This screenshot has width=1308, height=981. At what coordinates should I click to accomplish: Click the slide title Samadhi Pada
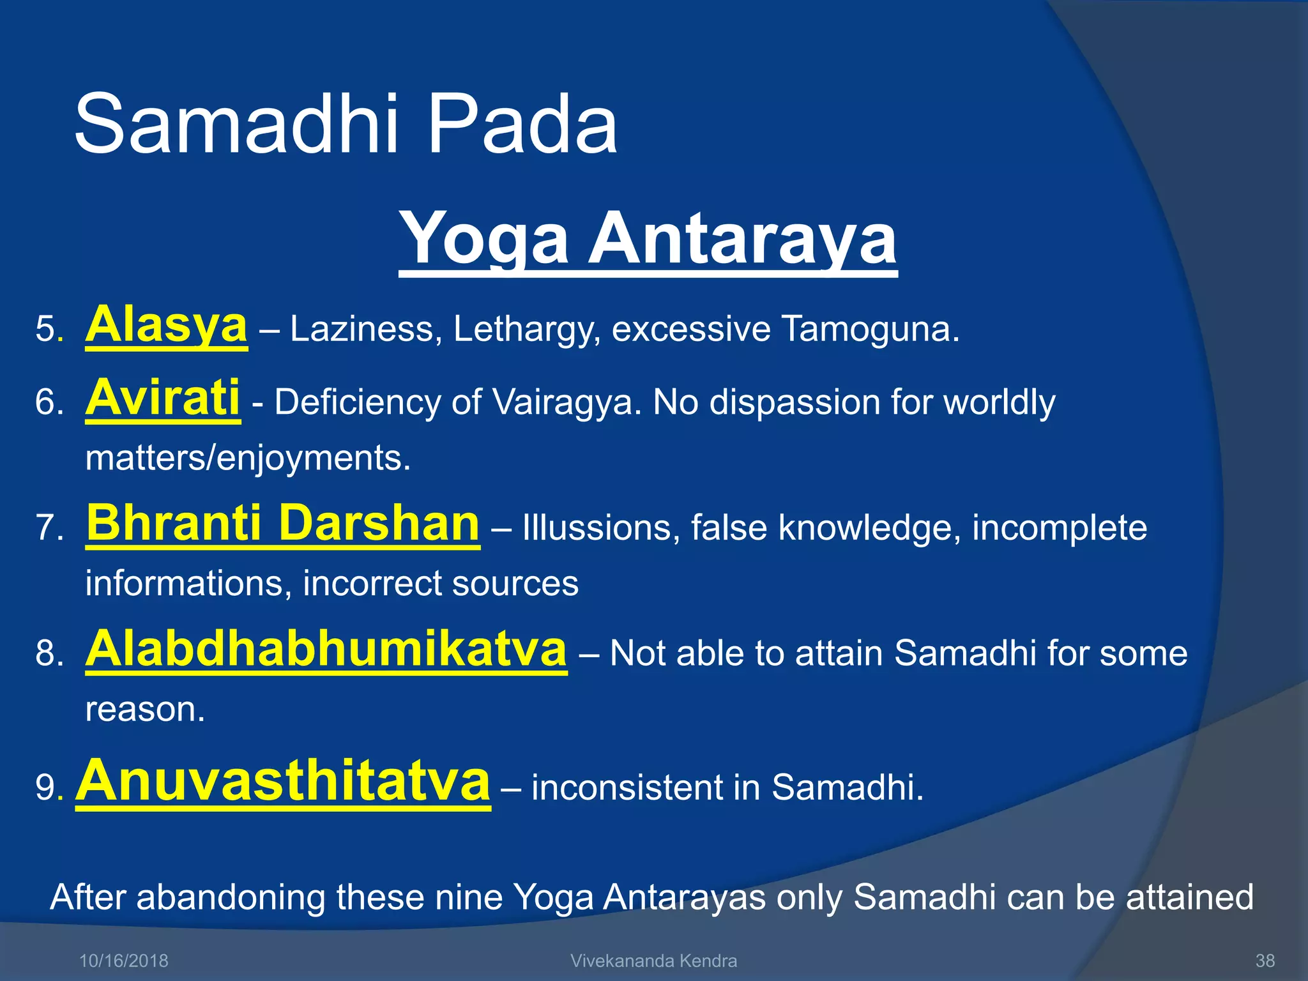pyautogui.click(x=346, y=125)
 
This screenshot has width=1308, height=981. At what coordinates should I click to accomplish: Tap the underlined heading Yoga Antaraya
pyautogui.click(x=648, y=240)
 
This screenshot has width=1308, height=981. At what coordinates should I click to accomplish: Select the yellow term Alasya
pyautogui.click(x=166, y=326)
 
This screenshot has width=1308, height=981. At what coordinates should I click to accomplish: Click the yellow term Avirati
pyautogui.click(x=163, y=399)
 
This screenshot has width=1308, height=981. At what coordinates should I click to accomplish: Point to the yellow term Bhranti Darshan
pyautogui.click(x=282, y=524)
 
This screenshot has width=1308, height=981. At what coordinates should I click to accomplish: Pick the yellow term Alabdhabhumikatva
pyautogui.click(x=326, y=650)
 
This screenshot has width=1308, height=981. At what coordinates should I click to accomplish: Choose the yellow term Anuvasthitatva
pyautogui.click(x=283, y=782)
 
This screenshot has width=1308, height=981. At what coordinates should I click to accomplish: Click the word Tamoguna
pyautogui.click(x=869, y=330)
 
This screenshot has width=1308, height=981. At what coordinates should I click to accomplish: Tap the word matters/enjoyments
pyautogui.click(x=248, y=459)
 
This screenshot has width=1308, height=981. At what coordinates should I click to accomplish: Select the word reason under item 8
pyautogui.click(x=144, y=710)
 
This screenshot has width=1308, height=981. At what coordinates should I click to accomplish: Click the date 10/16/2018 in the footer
pyautogui.click(x=123, y=961)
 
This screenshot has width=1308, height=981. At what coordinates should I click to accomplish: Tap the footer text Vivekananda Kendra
pyautogui.click(x=653, y=961)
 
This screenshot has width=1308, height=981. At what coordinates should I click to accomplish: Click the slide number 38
pyautogui.click(x=1265, y=961)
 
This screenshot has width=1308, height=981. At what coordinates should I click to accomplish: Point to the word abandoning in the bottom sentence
pyautogui.click(x=231, y=897)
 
